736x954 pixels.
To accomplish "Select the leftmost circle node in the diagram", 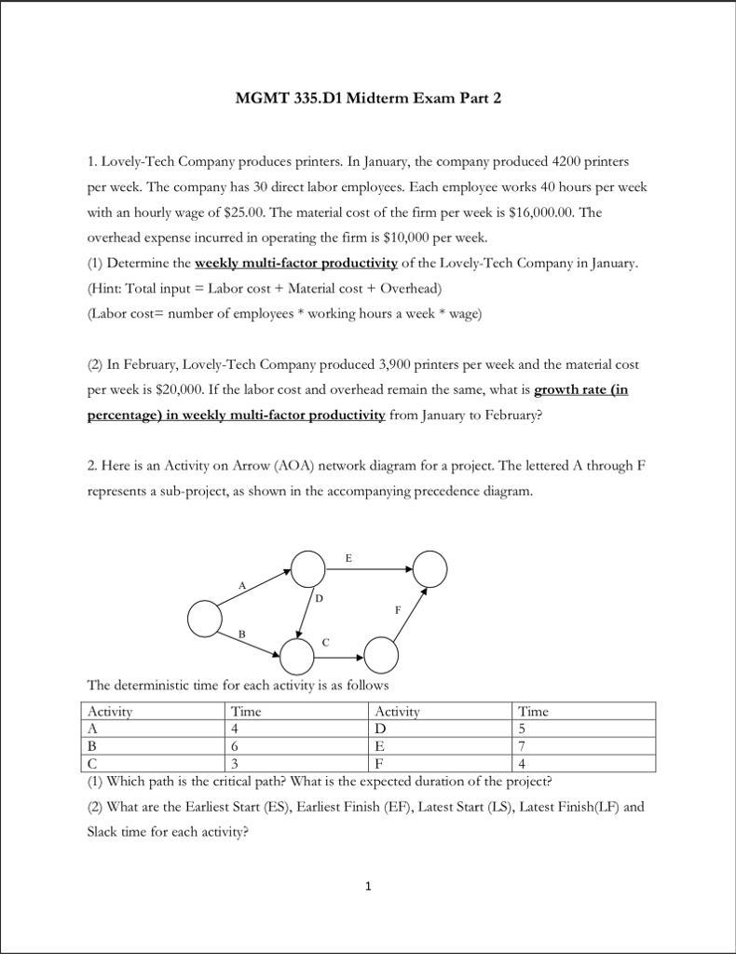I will [205, 618].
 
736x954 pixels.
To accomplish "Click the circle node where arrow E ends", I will [430, 566].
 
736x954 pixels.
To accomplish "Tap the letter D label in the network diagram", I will [319, 598].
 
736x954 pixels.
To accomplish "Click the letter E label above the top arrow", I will [348, 559].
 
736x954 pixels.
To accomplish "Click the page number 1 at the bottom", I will [368, 886].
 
